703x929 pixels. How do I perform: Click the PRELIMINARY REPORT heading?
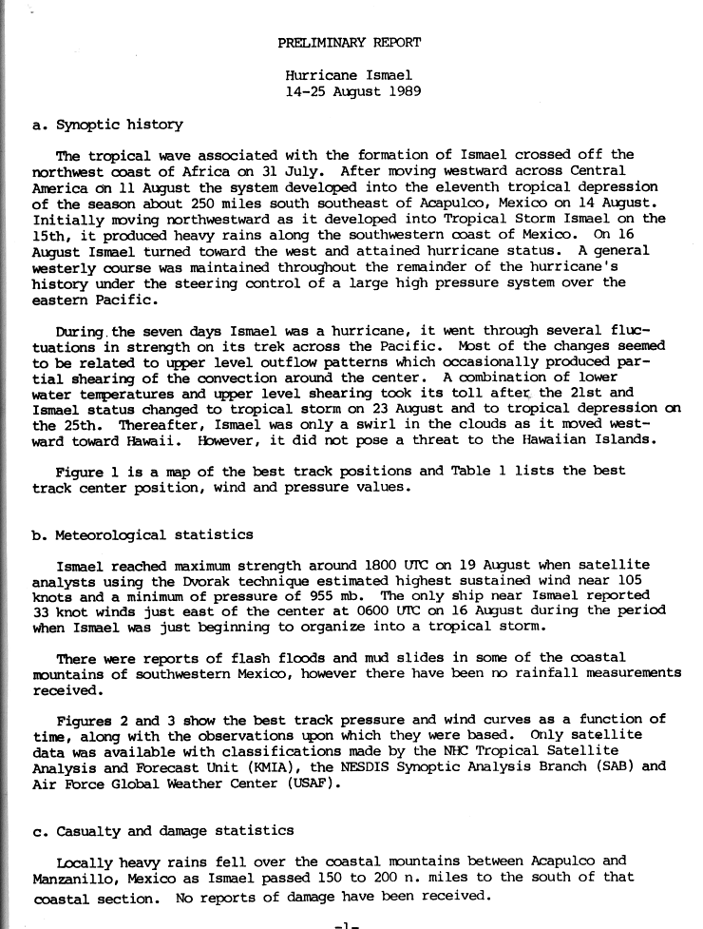pos(350,43)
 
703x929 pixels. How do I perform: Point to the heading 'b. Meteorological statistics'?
pos(142,534)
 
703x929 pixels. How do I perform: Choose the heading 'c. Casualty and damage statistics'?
pos(162,831)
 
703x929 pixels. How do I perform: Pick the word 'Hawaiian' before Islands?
pos(542,440)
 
